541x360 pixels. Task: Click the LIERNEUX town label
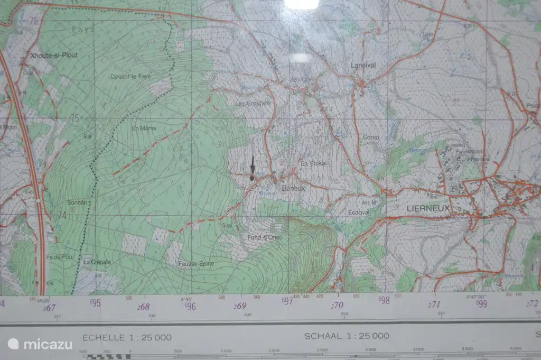pos(428,208)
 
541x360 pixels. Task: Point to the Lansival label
pos(363,66)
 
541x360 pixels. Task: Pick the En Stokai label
pos(313,163)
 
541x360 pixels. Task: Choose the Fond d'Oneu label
pos(265,237)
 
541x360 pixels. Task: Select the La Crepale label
pos(97,262)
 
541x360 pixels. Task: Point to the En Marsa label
pos(144,128)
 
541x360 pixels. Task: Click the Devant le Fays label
pos(130,77)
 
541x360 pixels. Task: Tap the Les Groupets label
pos(253,103)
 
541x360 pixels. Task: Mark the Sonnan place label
pos(77,202)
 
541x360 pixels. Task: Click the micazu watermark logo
pos(40,344)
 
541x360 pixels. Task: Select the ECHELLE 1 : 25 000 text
pos(127,337)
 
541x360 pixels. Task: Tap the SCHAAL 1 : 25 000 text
pos(347,336)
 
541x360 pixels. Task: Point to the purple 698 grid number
pos(384,300)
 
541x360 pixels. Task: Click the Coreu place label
pos(371,137)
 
